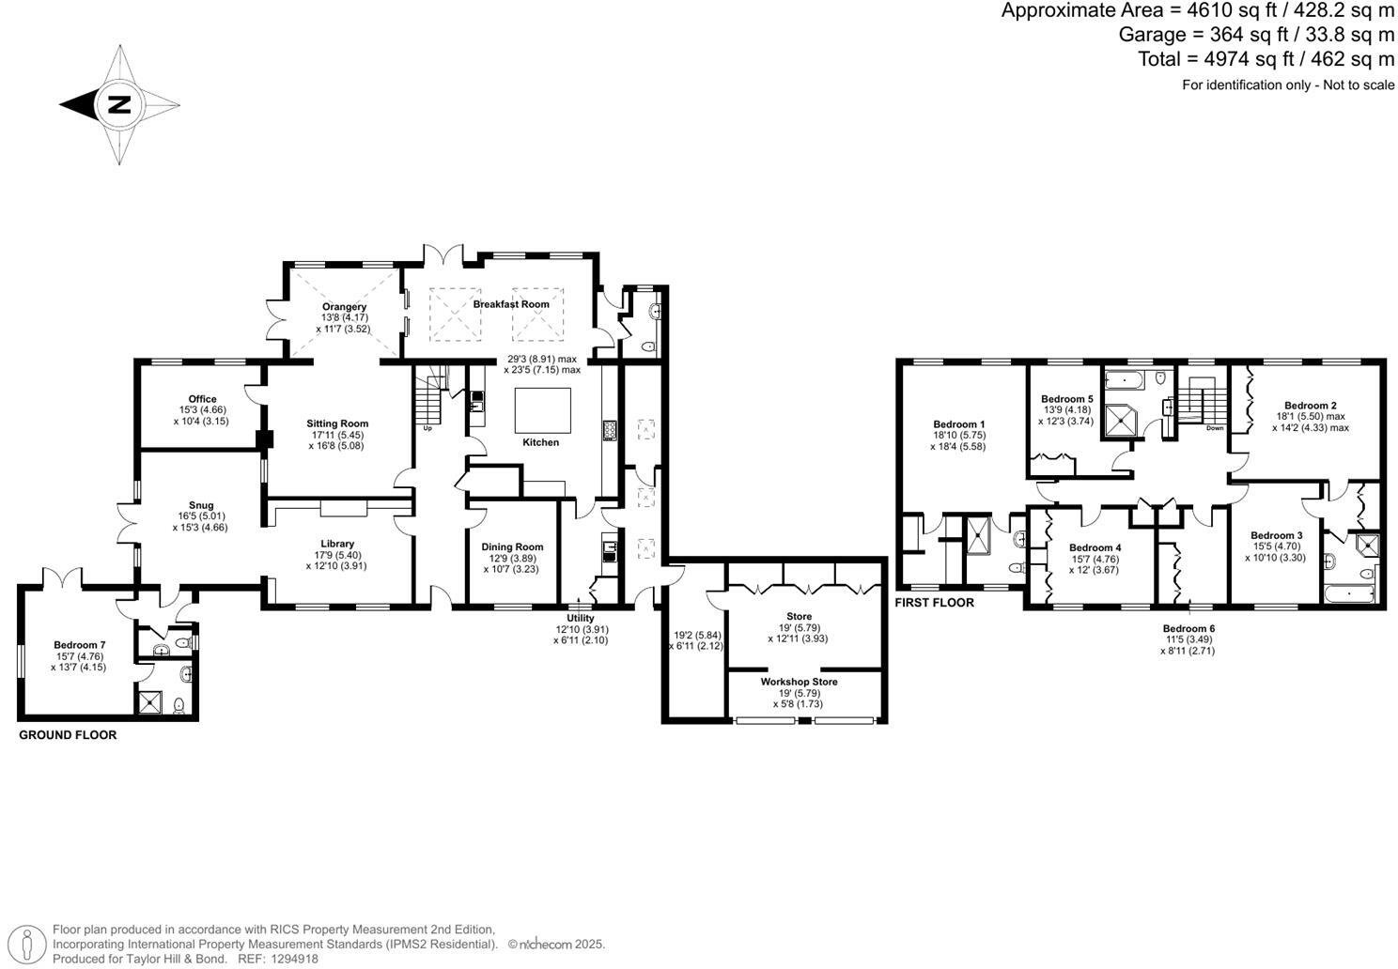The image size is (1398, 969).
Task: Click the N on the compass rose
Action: coord(119,104)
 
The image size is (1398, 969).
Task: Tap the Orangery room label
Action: coord(344,307)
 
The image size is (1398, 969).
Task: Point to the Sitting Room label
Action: coord(336,423)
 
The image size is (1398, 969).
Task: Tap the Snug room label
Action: coord(200,505)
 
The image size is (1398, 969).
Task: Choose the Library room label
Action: coord(337,544)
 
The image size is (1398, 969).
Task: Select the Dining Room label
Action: coord(512,546)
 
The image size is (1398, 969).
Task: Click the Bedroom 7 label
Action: coord(80,645)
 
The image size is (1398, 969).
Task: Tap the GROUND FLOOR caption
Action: coord(68,735)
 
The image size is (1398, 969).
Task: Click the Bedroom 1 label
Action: coord(959,423)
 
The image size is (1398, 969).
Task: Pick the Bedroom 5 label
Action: coord(1066,399)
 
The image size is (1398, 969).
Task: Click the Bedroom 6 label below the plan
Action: coord(1188,628)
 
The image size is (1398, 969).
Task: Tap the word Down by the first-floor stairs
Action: coord(1215,428)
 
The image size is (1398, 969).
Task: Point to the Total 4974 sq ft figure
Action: coord(1266,59)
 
